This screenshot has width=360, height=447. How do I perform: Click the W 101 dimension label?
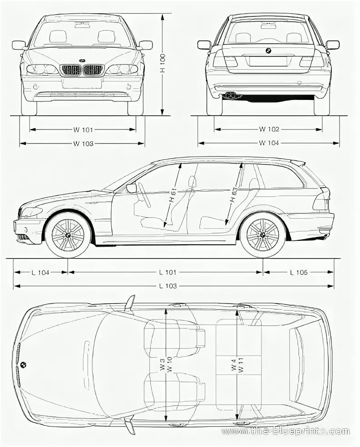82,129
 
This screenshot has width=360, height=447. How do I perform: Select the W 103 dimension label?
82,144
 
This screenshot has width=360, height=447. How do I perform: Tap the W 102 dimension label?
269,129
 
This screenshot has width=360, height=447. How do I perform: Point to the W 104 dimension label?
269,144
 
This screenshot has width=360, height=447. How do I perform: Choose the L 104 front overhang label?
40,273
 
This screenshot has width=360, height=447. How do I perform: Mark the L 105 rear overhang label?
299,273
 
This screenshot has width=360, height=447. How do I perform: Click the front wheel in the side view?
68,235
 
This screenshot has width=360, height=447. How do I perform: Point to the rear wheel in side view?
263,235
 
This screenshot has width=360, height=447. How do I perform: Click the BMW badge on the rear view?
268,51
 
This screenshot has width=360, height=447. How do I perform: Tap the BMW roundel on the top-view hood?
23,364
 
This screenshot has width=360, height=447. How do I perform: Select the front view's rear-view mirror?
82,25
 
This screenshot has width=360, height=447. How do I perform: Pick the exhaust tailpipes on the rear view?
232,95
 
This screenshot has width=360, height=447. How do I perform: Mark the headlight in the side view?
31,212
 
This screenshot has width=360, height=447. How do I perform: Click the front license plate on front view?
82,83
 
